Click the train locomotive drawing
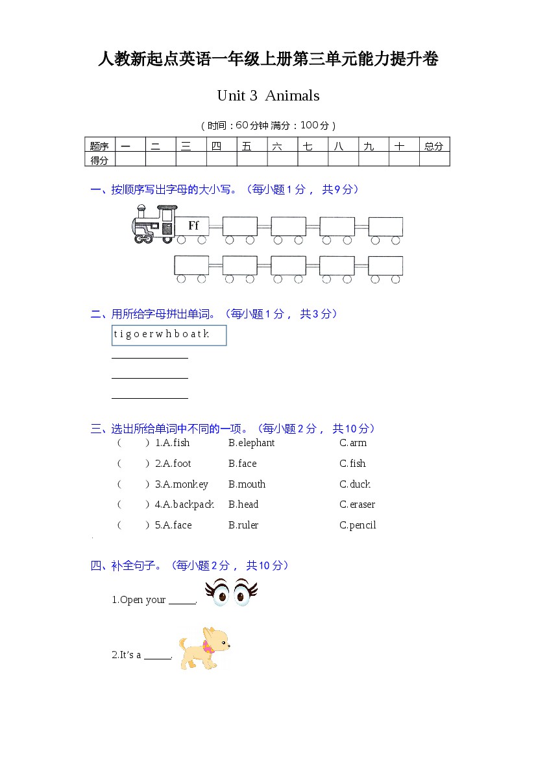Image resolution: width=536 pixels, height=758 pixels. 154,224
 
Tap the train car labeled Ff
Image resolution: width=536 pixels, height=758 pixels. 193,226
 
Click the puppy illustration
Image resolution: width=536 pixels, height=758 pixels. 204,648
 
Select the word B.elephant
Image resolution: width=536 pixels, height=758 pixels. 251,443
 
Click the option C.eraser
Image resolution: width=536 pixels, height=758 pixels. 357,504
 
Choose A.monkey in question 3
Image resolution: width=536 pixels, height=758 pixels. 182,484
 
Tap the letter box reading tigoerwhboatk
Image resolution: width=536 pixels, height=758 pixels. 169,335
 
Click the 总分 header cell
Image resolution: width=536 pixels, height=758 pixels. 433,146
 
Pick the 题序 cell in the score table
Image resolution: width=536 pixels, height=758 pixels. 99,146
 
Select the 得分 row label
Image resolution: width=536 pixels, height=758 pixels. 99,160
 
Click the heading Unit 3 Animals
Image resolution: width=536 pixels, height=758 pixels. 268,96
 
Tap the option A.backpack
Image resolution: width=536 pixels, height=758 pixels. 184,504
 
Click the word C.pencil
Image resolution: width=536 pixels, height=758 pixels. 358,525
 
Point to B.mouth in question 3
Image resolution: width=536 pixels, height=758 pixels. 247,484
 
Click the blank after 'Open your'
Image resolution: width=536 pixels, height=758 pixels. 182,600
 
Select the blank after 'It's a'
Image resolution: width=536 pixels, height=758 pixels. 157,656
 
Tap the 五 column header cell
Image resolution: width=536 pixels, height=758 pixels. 252,146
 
